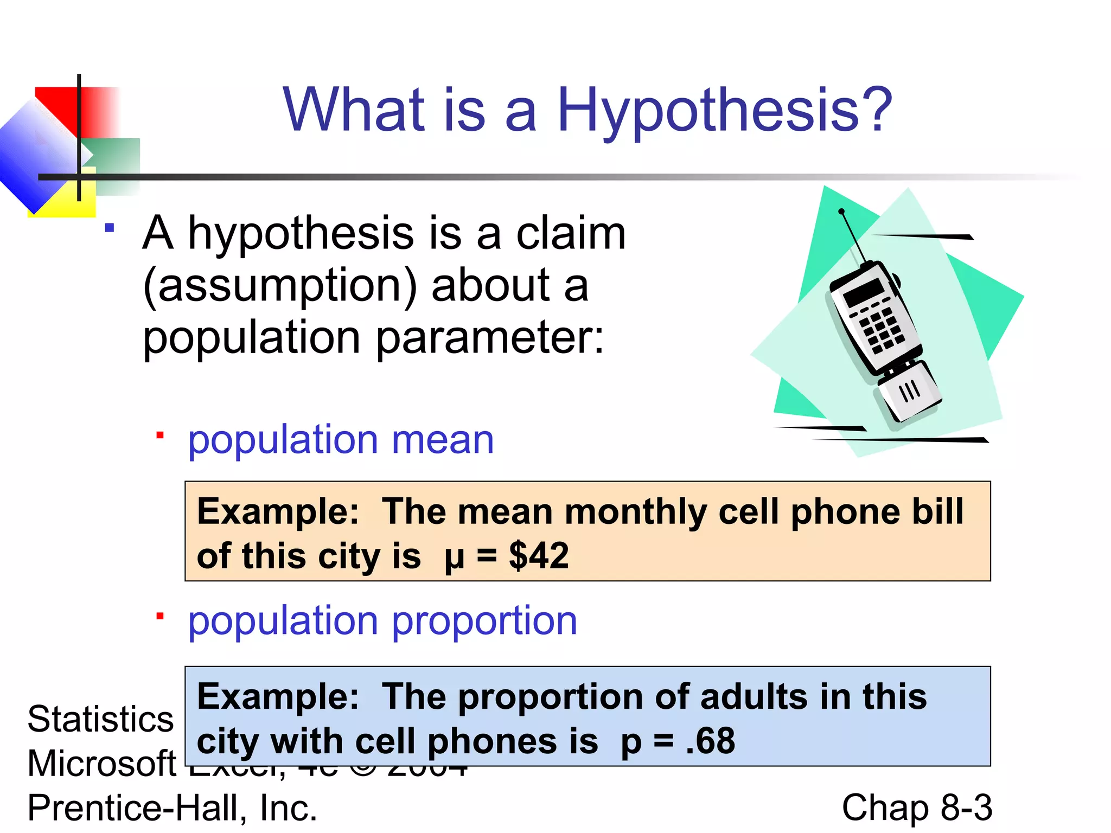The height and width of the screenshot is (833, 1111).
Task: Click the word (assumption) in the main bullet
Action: [x=280, y=286]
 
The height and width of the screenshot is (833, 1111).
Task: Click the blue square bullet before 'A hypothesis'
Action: [x=110, y=228]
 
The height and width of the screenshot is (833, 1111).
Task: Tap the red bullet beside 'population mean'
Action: [x=160, y=435]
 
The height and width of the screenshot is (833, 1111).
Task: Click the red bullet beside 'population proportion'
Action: [x=160, y=616]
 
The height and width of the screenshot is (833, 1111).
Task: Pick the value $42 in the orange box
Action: [x=539, y=556]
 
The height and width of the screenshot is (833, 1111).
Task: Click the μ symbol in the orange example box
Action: [x=454, y=558]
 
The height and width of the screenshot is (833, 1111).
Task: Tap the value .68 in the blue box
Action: [x=711, y=741]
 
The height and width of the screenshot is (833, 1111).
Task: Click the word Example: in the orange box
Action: [x=278, y=511]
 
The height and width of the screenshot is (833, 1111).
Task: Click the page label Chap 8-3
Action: [x=917, y=808]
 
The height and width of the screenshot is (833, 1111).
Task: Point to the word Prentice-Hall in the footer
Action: [x=133, y=808]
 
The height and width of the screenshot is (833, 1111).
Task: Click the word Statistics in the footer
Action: [x=100, y=719]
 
